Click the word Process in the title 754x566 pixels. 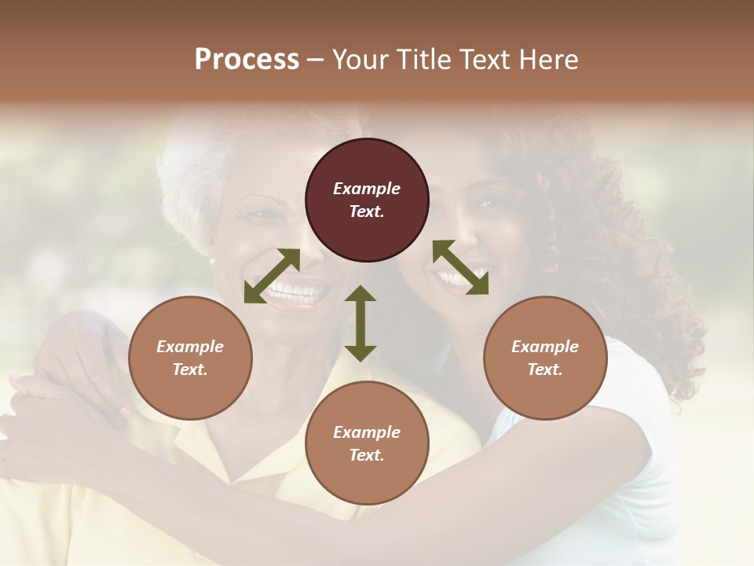[247, 60]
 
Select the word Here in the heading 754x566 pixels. [547, 60]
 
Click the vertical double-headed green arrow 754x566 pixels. [361, 323]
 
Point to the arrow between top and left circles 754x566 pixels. [272, 276]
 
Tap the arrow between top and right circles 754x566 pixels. [460, 268]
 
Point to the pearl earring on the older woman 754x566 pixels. [211, 260]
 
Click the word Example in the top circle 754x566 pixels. [367, 189]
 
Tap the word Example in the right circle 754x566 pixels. [545, 347]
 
